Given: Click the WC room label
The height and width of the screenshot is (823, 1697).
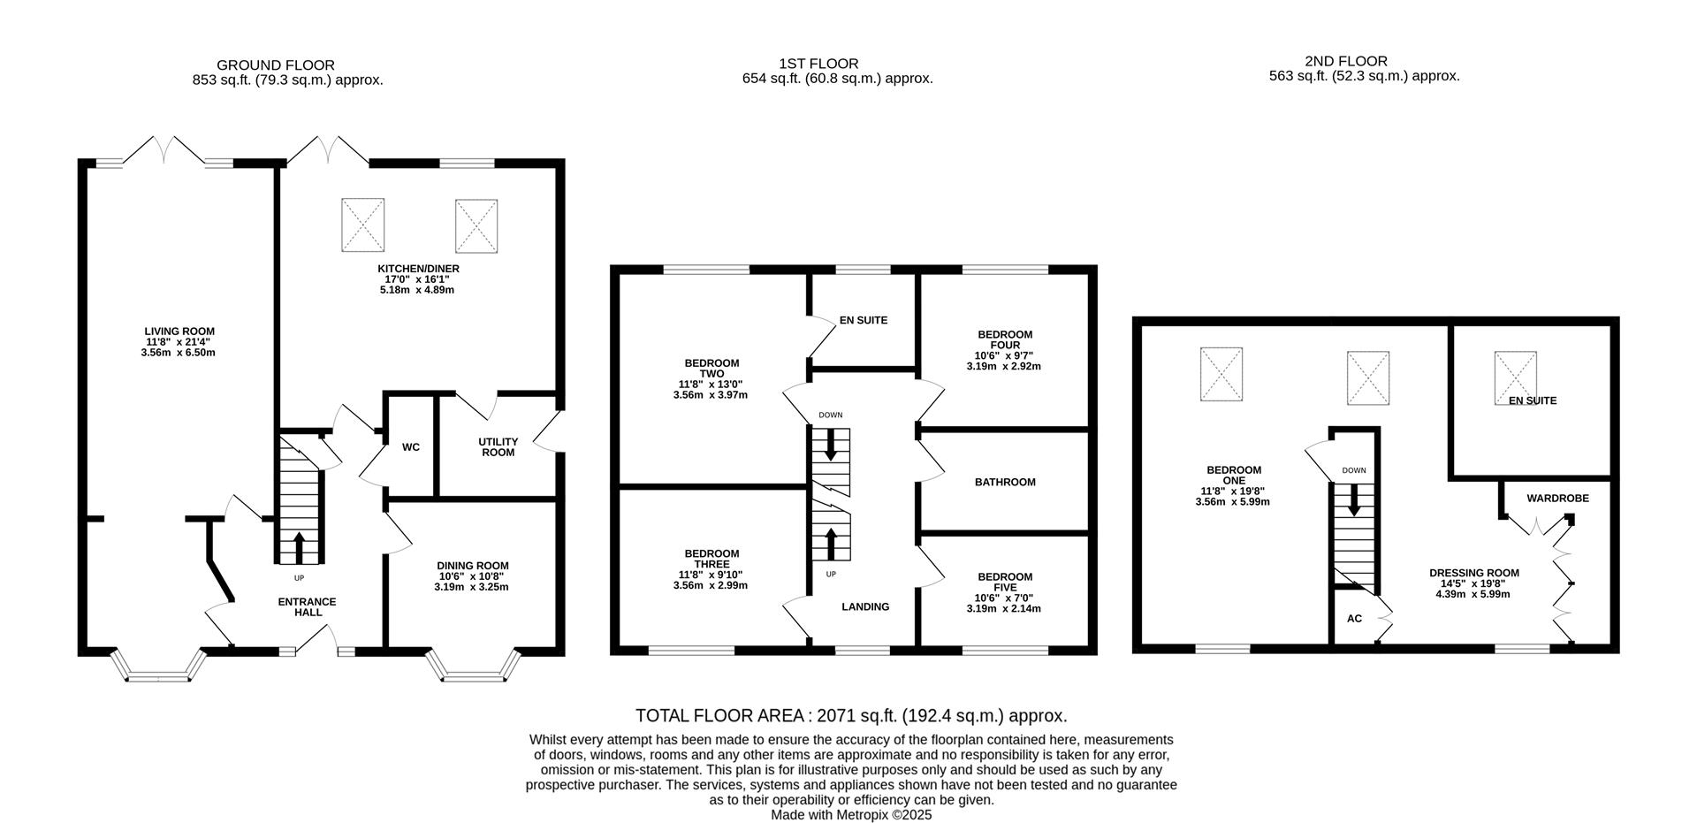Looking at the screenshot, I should coord(411,447).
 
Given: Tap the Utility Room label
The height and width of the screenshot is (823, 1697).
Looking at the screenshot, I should coord(498,447).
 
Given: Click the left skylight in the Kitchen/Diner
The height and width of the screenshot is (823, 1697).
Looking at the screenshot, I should coord(362,224).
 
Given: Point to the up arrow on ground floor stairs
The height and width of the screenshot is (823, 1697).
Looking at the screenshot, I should coord(298,546).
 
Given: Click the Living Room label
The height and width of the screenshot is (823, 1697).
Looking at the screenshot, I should coord(179,331).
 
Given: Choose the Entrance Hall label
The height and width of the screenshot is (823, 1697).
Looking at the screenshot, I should coord(307,606).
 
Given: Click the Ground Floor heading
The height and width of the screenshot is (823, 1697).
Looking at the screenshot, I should coord(275,65).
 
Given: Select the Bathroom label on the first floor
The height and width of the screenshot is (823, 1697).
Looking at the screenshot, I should coord(1005,483).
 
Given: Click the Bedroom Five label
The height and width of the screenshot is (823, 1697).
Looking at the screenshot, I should coord(1005,582).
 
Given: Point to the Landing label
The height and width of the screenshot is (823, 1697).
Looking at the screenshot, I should coord(865,606).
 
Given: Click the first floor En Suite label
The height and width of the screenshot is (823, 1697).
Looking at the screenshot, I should coord(863,320).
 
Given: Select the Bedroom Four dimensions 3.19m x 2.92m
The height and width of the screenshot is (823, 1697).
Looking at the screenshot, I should coord(1004,366).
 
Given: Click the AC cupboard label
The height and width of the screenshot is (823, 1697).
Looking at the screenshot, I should coord(1354,619).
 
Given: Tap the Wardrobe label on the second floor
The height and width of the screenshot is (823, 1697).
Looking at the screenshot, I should coord(1557,499).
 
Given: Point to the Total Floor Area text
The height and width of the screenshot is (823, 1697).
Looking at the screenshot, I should coord(851,716).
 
